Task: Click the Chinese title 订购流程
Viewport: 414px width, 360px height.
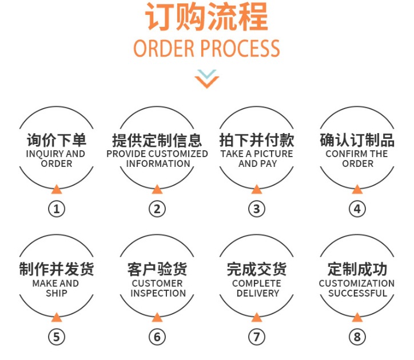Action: click(x=206, y=17)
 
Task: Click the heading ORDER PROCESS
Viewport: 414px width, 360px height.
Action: click(x=206, y=49)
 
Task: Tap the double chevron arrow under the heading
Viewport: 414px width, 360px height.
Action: click(x=206, y=78)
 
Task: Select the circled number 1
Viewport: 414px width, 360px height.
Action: click(x=56, y=209)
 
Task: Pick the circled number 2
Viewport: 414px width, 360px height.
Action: click(x=157, y=209)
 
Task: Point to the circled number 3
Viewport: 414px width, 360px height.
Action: click(x=257, y=209)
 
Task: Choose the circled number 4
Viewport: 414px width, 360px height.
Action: click(x=357, y=209)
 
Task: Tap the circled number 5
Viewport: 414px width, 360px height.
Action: click(x=56, y=337)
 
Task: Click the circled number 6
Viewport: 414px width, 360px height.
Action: click(x=157, y=337)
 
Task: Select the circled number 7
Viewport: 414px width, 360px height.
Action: click(x=257, y=337)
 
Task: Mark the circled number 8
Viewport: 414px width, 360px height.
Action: click(x=357, y=337)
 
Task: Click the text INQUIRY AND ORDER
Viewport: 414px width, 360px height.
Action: click(x=56, y=159)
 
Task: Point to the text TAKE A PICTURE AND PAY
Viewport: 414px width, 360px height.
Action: click(x=257, y=159)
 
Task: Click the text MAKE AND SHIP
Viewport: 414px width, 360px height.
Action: click(x=56, y=288)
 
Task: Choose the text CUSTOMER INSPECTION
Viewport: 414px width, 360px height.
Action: click(x=157, y=288)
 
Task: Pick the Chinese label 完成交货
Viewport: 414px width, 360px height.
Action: click(x=257, y=269)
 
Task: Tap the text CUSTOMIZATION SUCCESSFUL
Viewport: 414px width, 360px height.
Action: click(x=357, y=288)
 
